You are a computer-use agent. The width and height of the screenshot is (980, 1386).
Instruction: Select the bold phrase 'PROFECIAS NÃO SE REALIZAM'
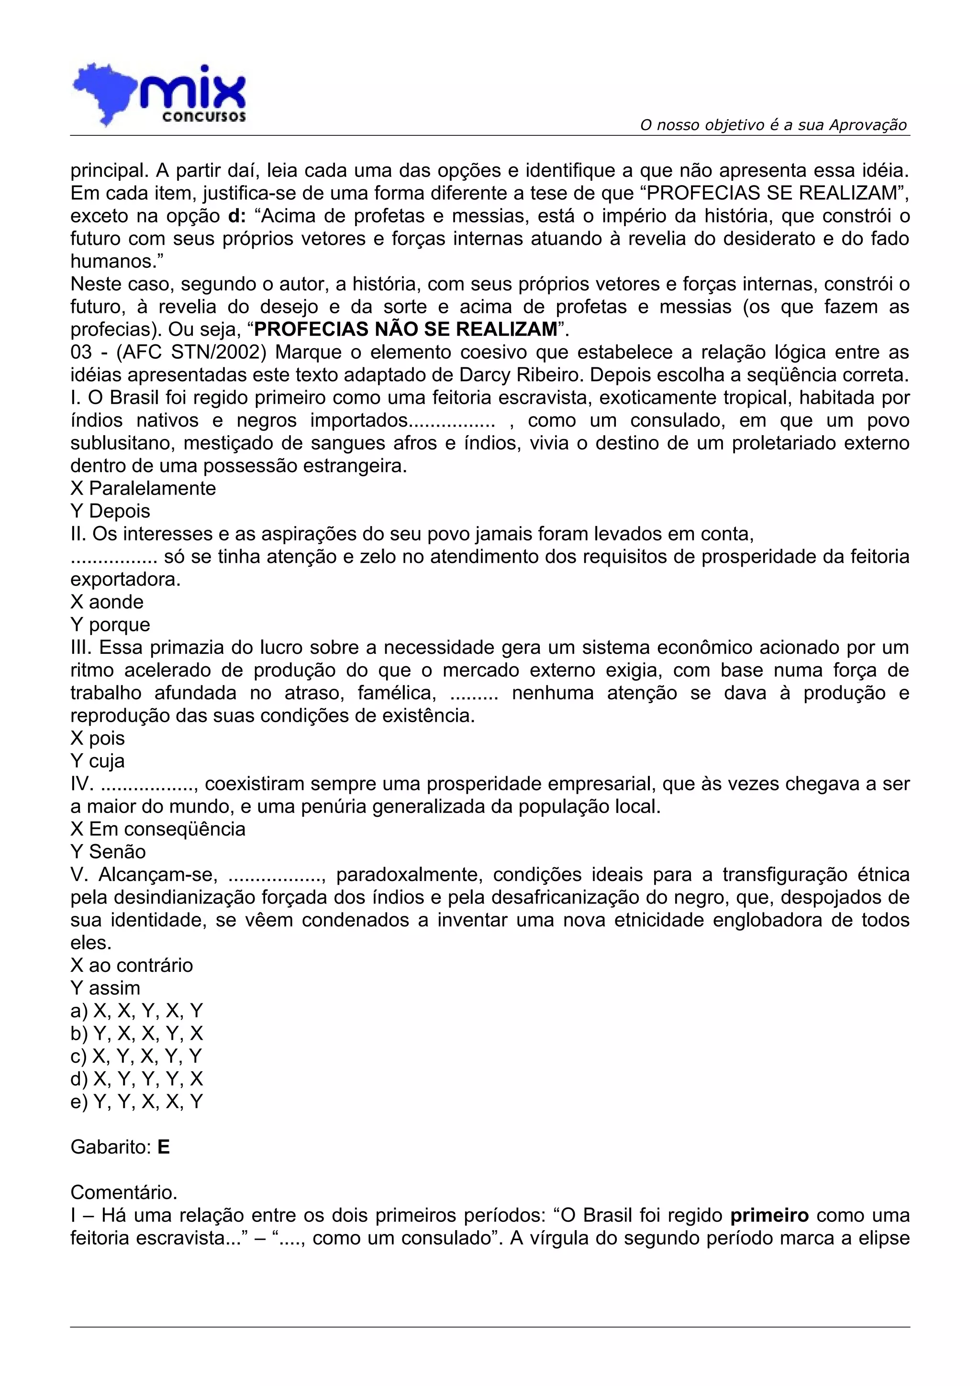406,330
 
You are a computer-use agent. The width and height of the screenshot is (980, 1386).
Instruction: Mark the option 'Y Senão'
108,852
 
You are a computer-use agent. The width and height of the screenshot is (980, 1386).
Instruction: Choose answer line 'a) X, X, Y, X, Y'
136,1011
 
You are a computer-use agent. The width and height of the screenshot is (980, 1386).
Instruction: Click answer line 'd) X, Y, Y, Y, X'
136,1079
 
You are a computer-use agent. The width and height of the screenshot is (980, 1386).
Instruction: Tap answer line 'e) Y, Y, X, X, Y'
136,1102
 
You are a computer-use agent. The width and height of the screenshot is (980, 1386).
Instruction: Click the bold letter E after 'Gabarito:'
164,1147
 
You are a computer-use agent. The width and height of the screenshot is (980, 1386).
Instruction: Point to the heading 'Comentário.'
124,1193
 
